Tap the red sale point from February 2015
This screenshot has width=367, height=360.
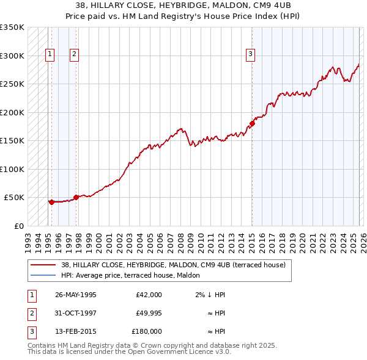pos(251,124)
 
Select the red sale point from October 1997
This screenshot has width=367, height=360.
pos(76,197)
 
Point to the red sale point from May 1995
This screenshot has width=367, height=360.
pos(51,202)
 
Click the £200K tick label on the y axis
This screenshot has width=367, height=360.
pos(12,112)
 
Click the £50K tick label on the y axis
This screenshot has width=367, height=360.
pos(14,198)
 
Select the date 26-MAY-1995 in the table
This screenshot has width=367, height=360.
pos(76,295)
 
